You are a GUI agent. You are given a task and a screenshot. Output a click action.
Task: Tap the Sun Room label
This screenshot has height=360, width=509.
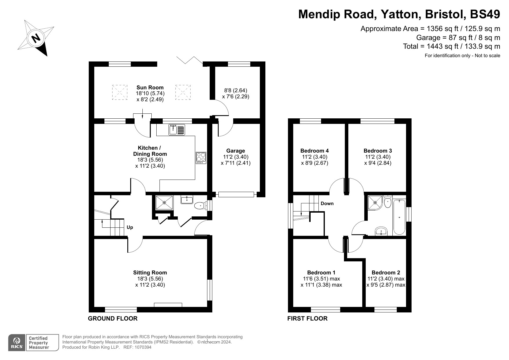150,87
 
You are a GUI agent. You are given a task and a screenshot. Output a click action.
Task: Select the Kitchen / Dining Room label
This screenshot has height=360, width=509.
150,151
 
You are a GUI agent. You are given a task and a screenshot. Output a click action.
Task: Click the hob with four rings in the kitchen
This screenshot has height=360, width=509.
201,158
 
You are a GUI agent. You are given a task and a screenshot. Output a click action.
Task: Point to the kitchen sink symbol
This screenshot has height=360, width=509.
177,129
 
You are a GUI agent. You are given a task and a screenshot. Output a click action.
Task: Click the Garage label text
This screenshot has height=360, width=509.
236,151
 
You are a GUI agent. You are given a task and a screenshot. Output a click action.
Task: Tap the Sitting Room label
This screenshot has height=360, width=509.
150,272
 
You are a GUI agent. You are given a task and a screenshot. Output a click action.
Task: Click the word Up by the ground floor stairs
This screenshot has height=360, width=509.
130,227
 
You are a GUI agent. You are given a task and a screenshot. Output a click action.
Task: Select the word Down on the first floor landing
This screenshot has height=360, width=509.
327,203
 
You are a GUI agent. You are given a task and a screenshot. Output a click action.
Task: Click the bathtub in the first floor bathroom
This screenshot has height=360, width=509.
399,217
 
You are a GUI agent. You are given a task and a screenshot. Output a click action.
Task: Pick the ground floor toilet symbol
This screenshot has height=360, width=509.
200,206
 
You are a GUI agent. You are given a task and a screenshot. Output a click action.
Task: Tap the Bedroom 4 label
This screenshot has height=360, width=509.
314,151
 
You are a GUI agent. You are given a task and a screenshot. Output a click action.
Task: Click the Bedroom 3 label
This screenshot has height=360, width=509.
378,151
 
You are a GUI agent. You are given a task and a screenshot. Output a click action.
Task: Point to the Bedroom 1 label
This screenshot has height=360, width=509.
321,272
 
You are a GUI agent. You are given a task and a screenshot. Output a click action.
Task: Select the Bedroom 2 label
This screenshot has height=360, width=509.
386,272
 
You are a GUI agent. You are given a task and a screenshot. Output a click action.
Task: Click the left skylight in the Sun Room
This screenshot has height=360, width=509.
119,92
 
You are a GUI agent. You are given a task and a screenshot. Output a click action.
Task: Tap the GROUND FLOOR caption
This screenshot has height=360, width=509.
113,319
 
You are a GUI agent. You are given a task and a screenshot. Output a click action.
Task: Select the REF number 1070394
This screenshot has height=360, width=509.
142,347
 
